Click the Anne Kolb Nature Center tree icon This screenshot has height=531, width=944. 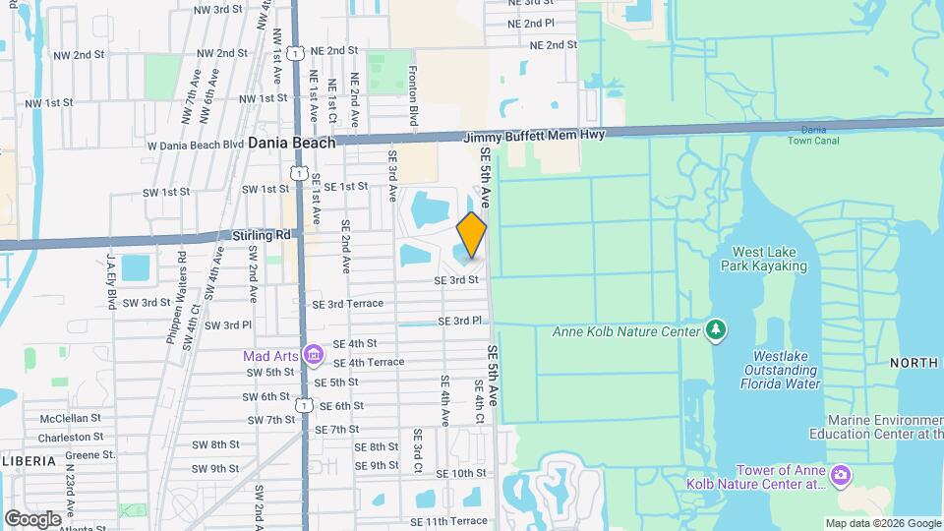717,330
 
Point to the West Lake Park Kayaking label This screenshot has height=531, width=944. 763,259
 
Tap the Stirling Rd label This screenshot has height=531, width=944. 264,235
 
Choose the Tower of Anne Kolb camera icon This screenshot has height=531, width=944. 840,478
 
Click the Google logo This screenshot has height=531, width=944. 32,518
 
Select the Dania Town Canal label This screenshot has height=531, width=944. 807,135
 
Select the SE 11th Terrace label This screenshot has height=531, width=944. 448,520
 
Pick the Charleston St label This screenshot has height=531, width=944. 71,437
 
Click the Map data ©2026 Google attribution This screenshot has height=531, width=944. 882,523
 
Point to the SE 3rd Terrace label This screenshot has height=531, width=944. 347,304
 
